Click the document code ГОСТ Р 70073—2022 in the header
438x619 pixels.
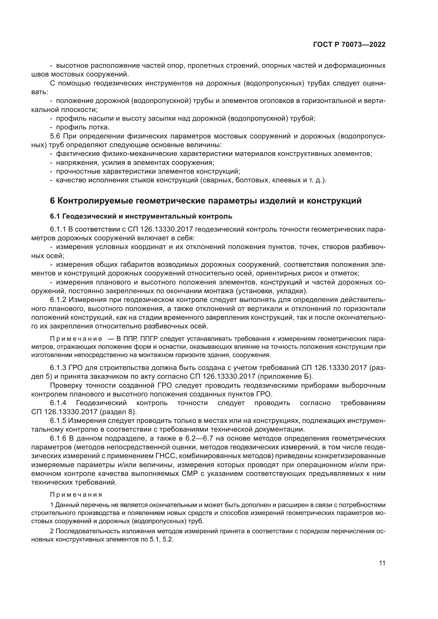tap(349, 45)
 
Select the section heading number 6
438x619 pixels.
tap(52, 201)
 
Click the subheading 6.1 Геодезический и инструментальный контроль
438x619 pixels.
tap(141, 216)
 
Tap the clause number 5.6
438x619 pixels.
tap(55, 136)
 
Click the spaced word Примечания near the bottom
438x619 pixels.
tap(76, 494)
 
